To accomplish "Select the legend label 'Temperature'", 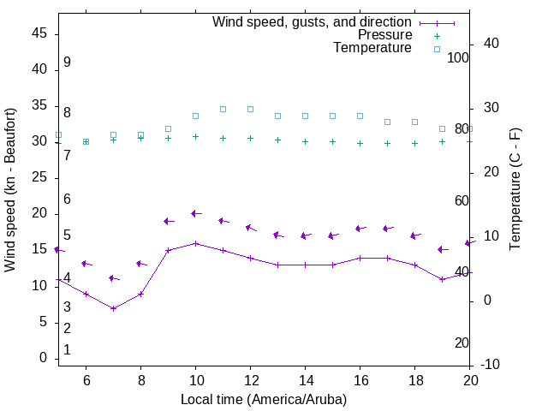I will pos(372,48).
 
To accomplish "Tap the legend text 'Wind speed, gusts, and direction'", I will pos(313,22).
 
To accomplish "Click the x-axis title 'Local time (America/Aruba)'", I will pos(264,399).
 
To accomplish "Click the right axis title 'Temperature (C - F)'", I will pos(515,189).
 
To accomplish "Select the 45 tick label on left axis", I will pos(39,33).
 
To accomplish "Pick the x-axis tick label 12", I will pos(250,379).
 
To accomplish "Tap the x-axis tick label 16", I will pos(360,379).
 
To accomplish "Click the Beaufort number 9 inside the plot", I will pos(67,63).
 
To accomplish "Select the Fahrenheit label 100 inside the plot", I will pos(458,57).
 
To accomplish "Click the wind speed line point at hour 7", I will pos(113,308).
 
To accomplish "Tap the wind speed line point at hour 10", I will pos(195,243).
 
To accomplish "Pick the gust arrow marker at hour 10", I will pos(195,213).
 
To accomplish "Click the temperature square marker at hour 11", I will pos(223,109).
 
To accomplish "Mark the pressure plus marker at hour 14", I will pos(305,141).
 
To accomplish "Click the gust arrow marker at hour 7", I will pos(113,278).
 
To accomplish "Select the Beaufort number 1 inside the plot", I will pos(67,350).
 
